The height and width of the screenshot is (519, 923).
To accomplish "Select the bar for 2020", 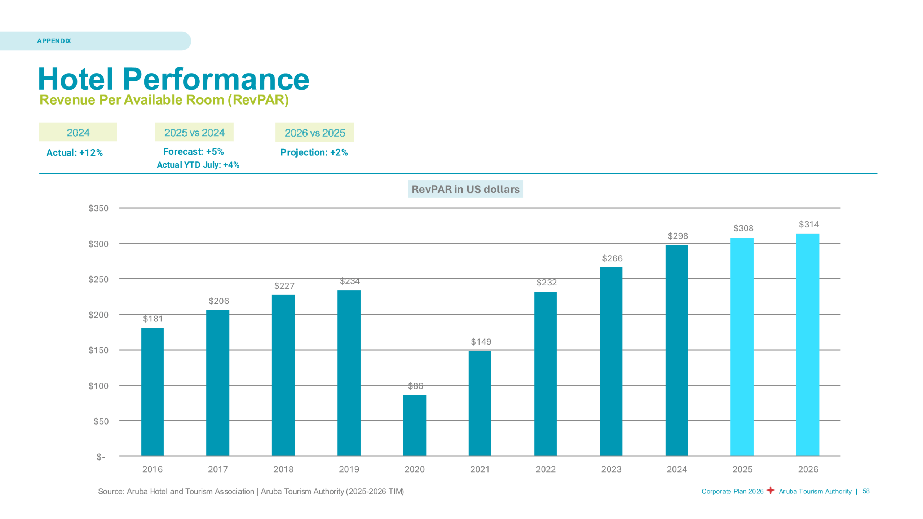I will pos(414,425).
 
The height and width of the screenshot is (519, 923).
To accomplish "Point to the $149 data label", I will pos(481,341).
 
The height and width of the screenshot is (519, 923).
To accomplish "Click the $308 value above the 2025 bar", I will pos(743,228).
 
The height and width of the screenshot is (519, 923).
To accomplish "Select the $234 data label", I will pos(350,281).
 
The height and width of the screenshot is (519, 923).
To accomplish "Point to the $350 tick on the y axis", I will pos(98,208).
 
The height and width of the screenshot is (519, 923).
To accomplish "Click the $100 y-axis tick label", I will pos(98,386).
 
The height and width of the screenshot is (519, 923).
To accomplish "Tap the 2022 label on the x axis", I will pos(546,469).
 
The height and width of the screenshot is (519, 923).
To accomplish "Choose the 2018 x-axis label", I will pos(283,469).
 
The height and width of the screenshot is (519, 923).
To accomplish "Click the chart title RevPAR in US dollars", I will pos(465,189).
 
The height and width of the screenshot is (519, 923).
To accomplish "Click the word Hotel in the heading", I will pos(76,79).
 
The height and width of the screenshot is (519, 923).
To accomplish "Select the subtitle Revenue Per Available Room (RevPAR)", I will pos(164,100).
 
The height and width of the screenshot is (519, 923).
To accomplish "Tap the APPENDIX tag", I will pos(54,41).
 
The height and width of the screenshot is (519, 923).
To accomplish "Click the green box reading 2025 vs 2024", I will pos(194,132).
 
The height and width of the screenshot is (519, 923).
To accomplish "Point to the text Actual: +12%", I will pos(75,153).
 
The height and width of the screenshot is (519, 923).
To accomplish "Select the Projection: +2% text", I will pos(314,152).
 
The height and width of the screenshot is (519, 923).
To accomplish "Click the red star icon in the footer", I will pos(770,490).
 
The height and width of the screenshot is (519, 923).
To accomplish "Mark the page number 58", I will pos(866,491).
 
